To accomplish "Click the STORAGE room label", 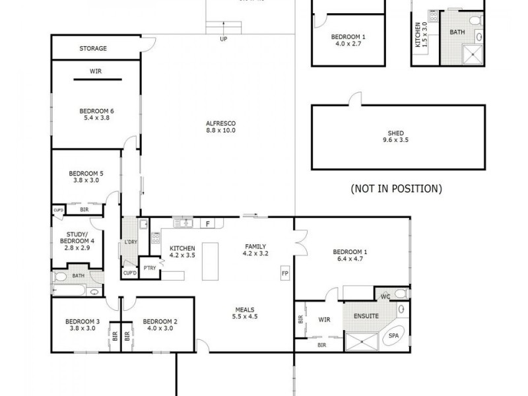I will click(x=93, y=49).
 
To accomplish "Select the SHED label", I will click(x=397, y=133).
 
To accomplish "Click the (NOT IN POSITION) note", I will click(x=396, y=189).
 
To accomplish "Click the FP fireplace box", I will click(x=285, y=273).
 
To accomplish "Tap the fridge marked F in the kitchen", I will click(x=207, y=224).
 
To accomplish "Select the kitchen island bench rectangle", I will click(x=210, y=256).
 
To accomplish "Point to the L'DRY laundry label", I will click(x=130, y=242).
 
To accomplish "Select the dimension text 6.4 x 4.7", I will click(x=350, y=259).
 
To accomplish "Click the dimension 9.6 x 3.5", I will click(x=397, y=141).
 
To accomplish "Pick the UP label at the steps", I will click(x=224, y=38).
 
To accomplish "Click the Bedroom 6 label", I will click(x=97, y=111).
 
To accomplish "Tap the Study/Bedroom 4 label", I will click(x=81, y=238).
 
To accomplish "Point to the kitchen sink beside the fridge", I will click(x=183, y=223).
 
